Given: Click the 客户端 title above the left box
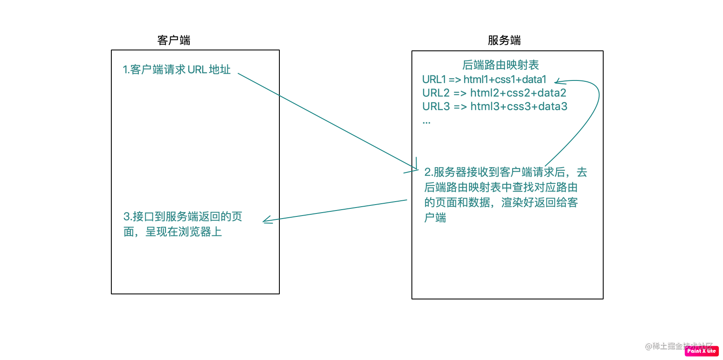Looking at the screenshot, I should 174,40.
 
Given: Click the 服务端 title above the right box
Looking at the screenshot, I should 504,40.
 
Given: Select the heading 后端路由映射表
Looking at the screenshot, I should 500,65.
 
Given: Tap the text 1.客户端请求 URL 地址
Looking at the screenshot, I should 177,69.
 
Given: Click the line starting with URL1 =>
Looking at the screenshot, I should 484,79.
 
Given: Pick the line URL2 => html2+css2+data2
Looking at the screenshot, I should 494,93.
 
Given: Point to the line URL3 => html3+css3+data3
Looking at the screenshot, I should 494,106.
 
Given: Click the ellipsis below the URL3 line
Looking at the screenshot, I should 426,122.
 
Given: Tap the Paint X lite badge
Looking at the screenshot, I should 701,351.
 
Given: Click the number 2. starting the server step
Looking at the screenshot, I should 428,172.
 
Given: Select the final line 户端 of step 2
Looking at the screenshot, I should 435,218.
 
